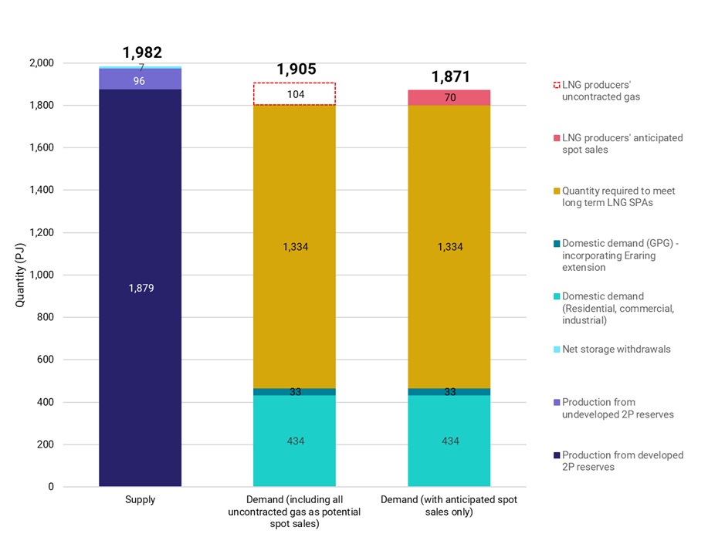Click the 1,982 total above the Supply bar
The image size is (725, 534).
point(142,52)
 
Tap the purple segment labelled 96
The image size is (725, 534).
point(140,79)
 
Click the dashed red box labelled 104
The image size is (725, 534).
point(294,94)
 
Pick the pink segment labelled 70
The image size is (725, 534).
point(449,98)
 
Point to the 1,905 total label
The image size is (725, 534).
point(296,69)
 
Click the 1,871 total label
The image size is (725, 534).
point(450,76)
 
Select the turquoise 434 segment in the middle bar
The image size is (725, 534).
point(294,441)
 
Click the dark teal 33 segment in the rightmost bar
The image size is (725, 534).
point(449,392)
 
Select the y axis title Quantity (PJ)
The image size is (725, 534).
point(21,275)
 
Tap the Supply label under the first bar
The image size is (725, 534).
point(140,500)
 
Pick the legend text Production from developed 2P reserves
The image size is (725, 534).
point(622,461)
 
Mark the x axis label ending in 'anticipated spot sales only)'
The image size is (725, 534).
point(449,505)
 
